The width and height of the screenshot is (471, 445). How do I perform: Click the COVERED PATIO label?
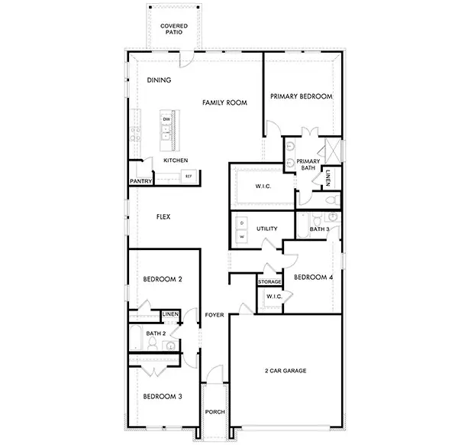pyautogui.click(x=174, y=29)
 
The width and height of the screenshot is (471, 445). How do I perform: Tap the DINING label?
pyautogui.click(x=159, y=80)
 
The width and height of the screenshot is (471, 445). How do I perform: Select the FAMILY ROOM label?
pyautogui.click(x=224, y=102)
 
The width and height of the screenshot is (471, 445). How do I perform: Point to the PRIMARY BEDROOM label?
pyautogui.click(x=302, y=96)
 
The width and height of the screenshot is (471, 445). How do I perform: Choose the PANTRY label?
pyautogui.click(x=141, y=181)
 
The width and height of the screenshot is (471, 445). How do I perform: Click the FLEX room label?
pyautogui.click(x=163, y=217)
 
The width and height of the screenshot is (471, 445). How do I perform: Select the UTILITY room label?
pyautogui.click(x=266, y=229)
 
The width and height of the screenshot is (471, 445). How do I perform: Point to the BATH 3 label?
pyautogui.click(x=319, y=229)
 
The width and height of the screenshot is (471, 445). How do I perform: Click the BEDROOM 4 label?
pyautogui.click(x=313, y=277)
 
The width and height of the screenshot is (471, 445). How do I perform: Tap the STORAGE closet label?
pyautogui.click(x=269, y=282)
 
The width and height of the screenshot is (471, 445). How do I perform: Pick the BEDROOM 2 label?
pyautogui.click(x=162, y=279)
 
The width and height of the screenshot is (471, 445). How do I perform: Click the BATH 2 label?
pyautogui.click(x=156, y=333)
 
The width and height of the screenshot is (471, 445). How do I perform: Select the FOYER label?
pyautogui.click(x=214, y=315)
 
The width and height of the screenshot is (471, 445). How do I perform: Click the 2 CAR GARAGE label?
pyautogui.click(x=286, y=370)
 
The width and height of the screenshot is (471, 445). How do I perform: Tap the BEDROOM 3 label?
pyautogui.click(x=162, y=396)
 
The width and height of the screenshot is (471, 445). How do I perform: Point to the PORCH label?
pyautogui.click(x=215, y=412)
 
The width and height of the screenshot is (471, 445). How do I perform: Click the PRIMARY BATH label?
pyautogui.click(x=308, y=164)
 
